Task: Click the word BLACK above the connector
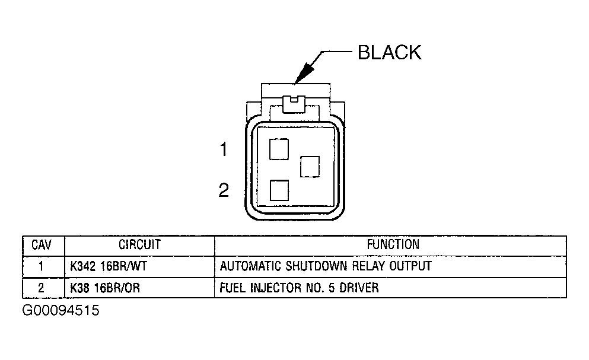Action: click(389, 52)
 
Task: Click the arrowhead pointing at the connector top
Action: click(304, 72)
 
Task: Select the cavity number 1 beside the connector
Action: click(224, 150)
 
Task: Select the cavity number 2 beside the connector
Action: click(224, 190)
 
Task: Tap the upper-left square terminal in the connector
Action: click(279, 149)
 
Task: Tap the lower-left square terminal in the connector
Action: click(279, 190)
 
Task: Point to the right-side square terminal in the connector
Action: click(310, 166)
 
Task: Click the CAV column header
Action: click(41, 245)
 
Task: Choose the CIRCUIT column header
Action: click(139, 244)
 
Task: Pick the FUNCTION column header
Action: click(393, 244)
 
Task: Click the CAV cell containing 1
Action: click(41, 266)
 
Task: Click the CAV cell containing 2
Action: click(41, 288)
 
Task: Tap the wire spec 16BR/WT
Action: click(125, 266)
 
